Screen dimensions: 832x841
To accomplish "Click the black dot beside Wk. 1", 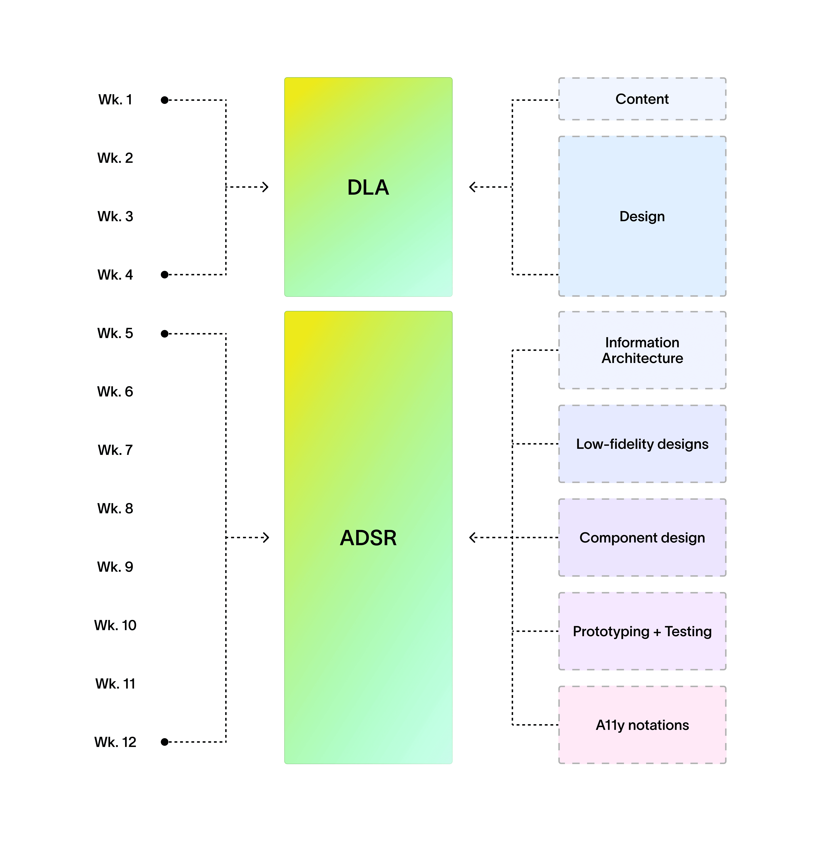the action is tap(165, 100).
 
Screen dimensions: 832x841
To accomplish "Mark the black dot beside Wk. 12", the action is tap(165, 742).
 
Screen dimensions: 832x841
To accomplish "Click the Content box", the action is tap(642, 99).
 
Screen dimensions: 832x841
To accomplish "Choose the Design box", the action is tap(642, 216).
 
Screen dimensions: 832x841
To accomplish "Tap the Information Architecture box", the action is tap(642, 350).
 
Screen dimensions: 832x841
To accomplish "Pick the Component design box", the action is tap(642, 538).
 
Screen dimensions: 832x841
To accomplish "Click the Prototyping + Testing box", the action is tap(642, 631).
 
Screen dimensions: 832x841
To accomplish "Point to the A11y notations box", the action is tap(642, 725).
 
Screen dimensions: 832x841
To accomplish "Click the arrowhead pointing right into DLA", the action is tap(265, 187).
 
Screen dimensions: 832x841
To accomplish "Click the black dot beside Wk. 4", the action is tap(165, 275).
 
